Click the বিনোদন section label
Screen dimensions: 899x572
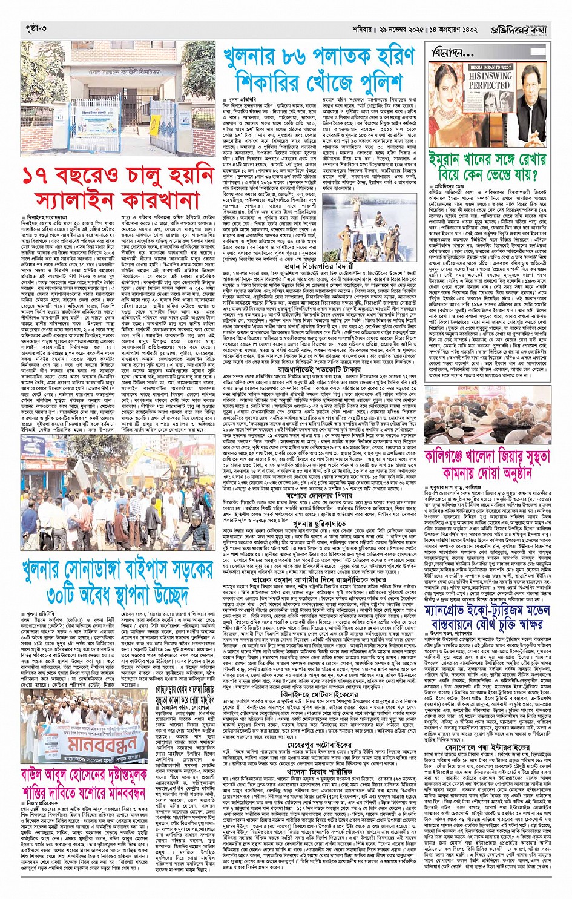point(452,53)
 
